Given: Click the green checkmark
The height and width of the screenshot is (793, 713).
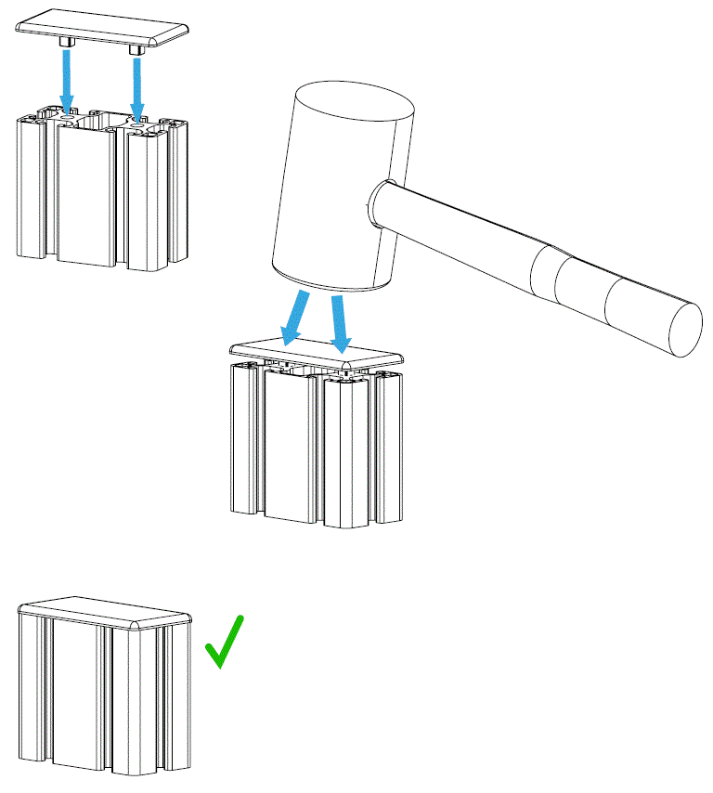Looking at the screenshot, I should click(x=224, y=643).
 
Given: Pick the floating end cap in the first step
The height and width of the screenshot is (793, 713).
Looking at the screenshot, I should click(x=103, y=27).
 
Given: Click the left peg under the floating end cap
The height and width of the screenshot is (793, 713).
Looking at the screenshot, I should click(x=67, y=44).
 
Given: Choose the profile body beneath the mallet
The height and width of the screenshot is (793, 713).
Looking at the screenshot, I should click(x=316, y=446).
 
